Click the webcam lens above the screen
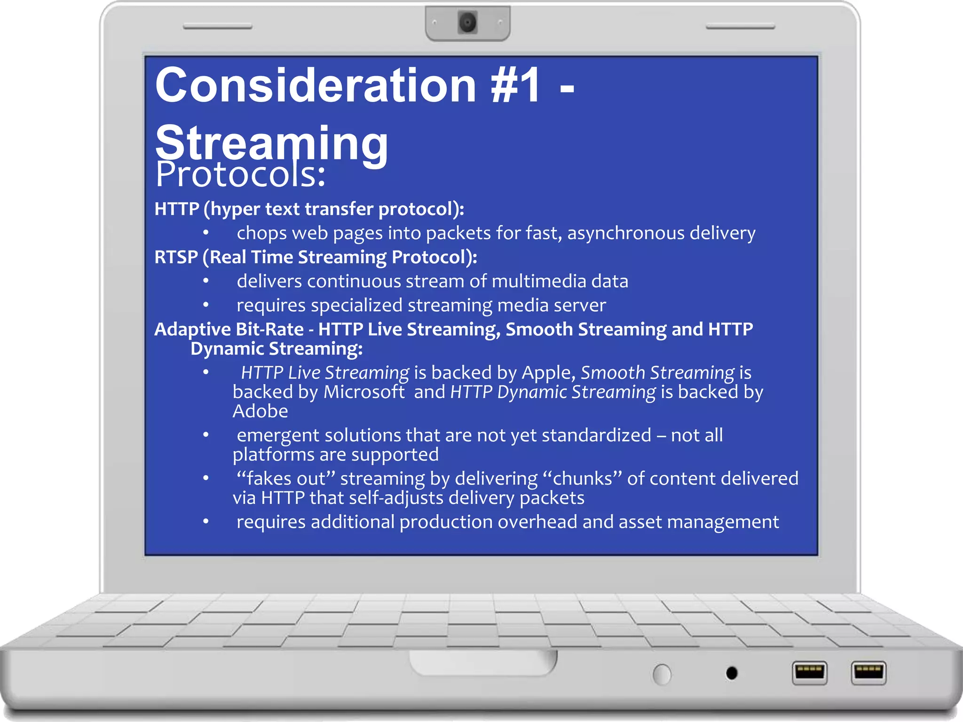pos(467,23)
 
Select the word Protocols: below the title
pos(240,175)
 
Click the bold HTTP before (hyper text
pos(177,209)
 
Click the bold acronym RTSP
pos(176,257)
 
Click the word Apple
pos(548,373)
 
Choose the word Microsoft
pos(364,392)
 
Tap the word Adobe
pos(260,411)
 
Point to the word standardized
pos(596,435)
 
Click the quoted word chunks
pos(582,479)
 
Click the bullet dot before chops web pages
pos(206,232)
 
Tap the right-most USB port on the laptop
pos(868,672)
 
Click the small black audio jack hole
pos(732,673)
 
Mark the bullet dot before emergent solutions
pos(206,435)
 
